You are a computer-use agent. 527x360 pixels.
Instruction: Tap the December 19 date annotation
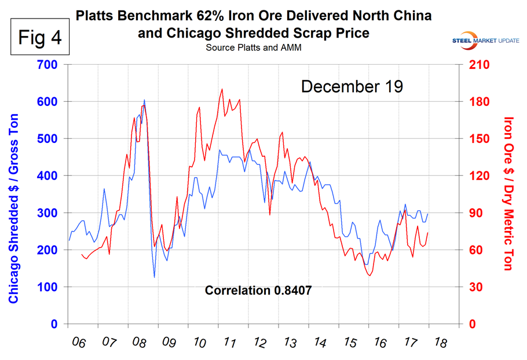352,87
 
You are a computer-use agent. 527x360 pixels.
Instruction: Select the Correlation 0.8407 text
258,291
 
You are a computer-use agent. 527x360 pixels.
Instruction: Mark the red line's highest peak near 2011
222,89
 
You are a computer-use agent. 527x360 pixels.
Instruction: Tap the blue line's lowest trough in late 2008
155,277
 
